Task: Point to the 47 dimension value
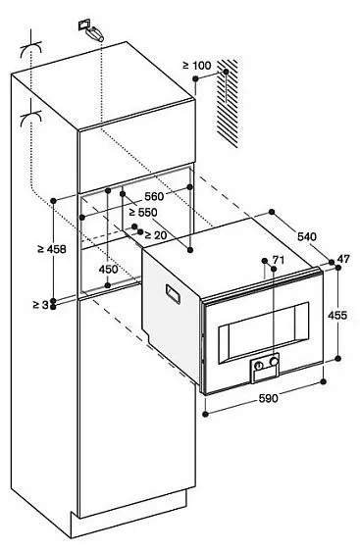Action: (x=343, y=259)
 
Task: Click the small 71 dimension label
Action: (x=278, y=261)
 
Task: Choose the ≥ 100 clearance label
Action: (x=196, y=66)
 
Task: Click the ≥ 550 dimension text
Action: (x=143, y=211)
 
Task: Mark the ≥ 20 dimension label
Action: (x=153, y=235)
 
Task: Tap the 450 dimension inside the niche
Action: (x=108, y=270)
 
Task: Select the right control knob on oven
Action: (x=275, y=366)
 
